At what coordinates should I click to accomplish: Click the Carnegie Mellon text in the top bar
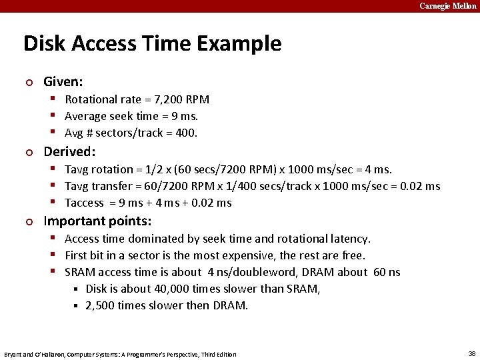click(x=447, y=6)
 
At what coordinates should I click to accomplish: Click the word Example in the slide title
click(x=245, y=44)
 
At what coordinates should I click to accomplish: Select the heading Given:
click(x=63, y=82)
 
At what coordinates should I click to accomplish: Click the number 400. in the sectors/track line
click(x=186, y=133)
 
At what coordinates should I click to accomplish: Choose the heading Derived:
click(x=69, y=151)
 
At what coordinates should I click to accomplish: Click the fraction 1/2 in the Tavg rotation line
click(x=172, y=169)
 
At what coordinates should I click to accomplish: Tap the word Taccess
click(x=85, y=203)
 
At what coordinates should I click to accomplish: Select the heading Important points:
click(x=97, y=221)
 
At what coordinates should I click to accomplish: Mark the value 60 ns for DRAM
click(x=387, y=272)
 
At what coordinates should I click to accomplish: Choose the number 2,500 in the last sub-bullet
click(x=101, y=305)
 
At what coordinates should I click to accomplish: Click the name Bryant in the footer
click(x=13, y=354)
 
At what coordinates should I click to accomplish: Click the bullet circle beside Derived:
click(x=29, y=152)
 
